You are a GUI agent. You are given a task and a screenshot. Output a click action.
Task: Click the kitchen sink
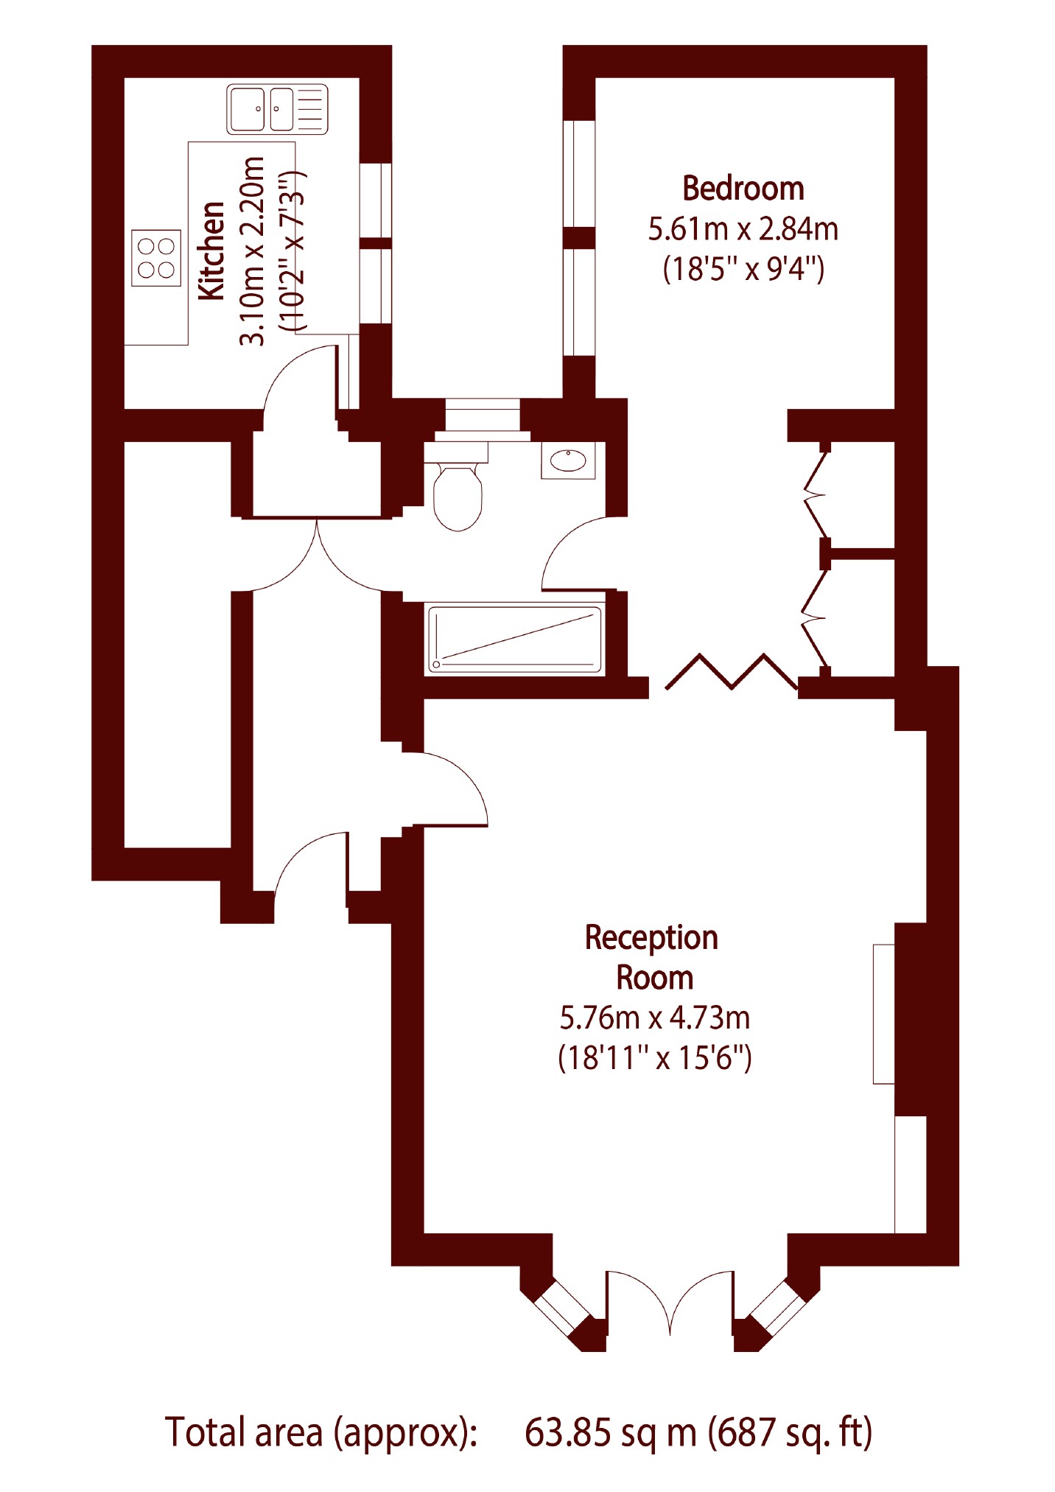(x=277, y=109)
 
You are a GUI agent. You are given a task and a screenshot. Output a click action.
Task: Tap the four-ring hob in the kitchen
(x=156, y=258)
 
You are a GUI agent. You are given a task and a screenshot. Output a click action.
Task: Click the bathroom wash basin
(x=568, y=460)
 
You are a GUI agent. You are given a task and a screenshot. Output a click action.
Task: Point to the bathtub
(x=515, y=639)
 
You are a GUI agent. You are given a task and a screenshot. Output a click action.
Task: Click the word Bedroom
(x=743, y=189)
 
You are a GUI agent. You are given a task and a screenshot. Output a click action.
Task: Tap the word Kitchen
(x=212, y=251)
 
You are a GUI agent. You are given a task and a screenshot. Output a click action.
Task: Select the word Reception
(x=651, y=939)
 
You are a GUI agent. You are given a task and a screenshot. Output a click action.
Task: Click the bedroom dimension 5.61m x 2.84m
(x=743, y=229)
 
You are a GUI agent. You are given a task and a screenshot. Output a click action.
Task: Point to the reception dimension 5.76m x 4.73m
(x=654, y=1018)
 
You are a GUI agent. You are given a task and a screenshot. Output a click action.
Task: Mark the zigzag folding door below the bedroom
(x=732, y=671)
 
